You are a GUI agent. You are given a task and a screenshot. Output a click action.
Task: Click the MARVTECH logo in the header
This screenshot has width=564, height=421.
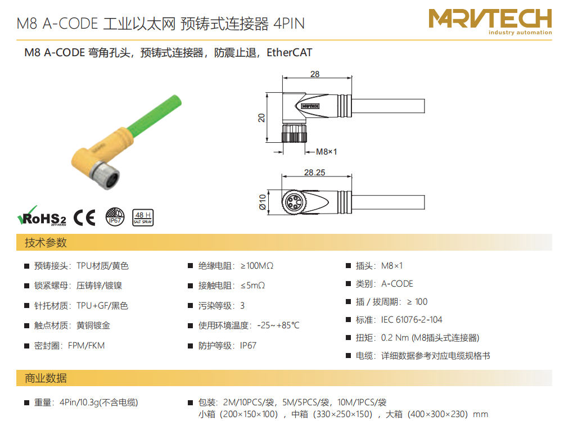coord(490,21)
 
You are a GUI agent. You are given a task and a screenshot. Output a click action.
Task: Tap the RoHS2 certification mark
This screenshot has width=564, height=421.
coord(42,216)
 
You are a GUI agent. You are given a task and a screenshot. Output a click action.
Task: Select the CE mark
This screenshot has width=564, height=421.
coord(84,218)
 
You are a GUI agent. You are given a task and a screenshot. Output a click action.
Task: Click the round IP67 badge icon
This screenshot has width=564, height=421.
coord(115,217)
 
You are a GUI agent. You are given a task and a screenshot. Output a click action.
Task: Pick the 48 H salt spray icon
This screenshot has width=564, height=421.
coord(143,218)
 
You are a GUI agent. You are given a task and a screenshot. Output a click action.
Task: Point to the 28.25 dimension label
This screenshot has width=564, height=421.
coord(315,172)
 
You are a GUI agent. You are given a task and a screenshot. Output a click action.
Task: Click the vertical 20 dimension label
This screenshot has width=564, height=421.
coord(261,118)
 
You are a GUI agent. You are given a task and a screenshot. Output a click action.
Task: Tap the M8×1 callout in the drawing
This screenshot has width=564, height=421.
coord(327,152)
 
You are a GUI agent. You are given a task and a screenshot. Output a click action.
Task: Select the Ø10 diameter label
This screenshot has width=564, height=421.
coord(263,202)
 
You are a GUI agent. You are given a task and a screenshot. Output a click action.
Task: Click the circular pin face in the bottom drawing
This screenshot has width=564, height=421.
coord(294,202)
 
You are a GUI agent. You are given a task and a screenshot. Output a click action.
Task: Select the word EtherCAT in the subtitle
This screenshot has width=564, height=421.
coord(289,52)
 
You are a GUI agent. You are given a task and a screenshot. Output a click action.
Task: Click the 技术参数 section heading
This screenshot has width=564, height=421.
coord(46,243)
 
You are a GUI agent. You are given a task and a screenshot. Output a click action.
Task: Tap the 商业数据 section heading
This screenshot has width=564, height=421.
coord(46,378)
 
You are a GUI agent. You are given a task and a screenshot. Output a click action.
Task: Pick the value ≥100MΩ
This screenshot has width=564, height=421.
coord(257,266)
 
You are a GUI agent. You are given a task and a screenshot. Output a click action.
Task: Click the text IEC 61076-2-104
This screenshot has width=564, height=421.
coord(412,320)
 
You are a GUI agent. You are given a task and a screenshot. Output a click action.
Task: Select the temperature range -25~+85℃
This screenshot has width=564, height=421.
coord(278,325)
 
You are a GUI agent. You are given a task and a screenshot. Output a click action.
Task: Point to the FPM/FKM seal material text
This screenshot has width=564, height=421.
coord(87,346)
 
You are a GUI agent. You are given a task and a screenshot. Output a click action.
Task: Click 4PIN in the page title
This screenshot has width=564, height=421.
coord(289,24)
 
